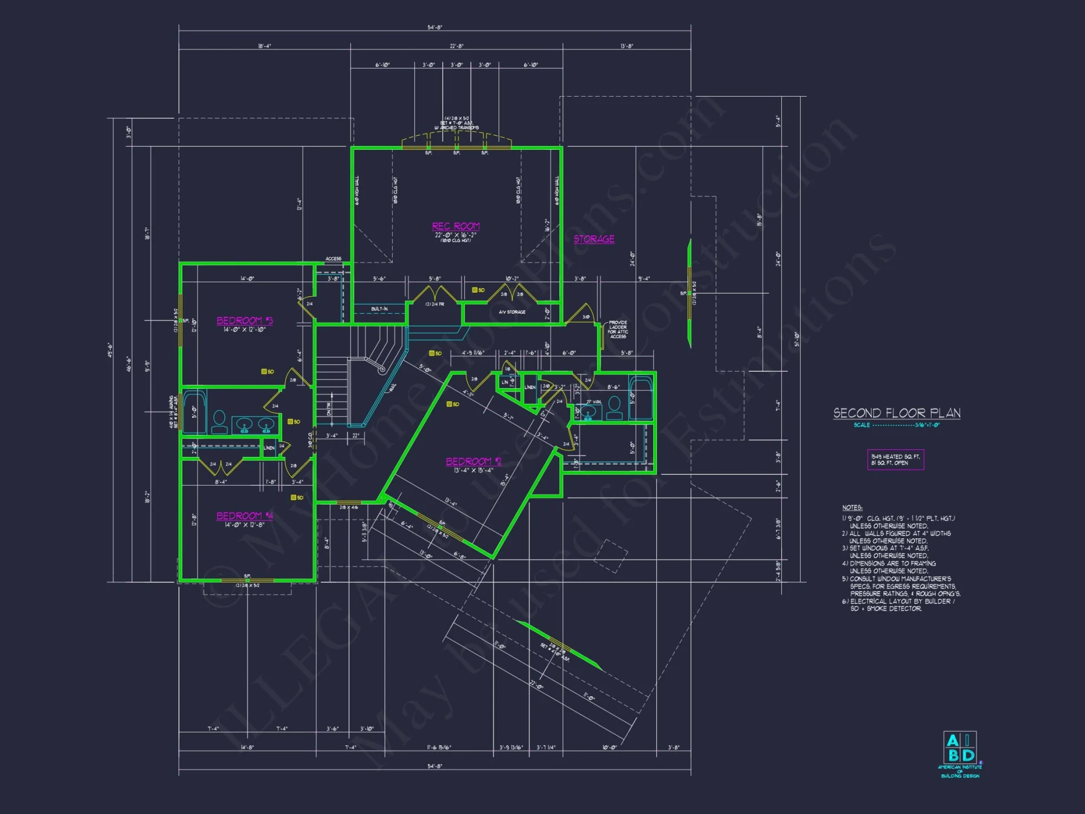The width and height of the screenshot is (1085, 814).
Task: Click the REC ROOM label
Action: coord(456,226)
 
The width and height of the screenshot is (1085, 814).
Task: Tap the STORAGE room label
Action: coord(594,239)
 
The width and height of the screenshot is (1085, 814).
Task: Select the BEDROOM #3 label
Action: coord(245,321)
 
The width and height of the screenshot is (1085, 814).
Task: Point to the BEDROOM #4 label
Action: coord(245,516)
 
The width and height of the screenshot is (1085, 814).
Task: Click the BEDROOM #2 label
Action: coord(474,461)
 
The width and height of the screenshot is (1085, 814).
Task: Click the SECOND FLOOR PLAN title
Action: coord(897,413)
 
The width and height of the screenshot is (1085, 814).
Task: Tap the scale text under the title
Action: coord(897,425)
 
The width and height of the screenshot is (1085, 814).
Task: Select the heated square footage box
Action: coord(895,460)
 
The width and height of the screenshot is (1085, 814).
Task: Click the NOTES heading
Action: coord(852,507)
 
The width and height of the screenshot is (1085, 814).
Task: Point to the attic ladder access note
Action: coord(618,329)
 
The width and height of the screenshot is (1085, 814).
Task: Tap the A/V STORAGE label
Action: coord(512,312)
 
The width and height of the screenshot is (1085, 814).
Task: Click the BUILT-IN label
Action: coord(379,309)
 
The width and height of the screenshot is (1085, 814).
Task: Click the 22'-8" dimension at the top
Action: coord(456,46)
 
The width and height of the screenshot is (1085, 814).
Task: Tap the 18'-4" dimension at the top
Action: coord(264,46)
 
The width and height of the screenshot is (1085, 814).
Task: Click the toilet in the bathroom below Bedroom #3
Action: coord(219,421)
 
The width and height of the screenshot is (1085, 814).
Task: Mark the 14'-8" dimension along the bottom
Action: coord(247,747)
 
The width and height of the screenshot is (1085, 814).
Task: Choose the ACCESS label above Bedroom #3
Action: coord(333,259)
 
